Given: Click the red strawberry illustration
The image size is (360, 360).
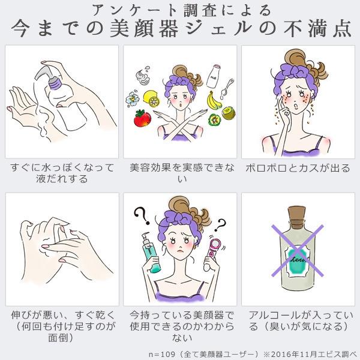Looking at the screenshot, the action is coord(142,118).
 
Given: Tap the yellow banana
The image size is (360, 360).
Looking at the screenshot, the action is coord(214,100).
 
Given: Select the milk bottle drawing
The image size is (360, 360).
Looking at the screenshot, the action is coord(213,76).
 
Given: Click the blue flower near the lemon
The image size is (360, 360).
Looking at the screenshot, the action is coord(133,99).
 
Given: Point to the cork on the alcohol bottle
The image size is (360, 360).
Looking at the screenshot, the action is coord(296,213).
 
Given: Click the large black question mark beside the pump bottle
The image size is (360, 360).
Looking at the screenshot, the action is coord(142,216).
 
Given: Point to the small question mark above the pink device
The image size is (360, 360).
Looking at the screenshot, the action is coord(220,225).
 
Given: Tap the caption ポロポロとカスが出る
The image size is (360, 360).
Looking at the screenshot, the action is coord(298,168).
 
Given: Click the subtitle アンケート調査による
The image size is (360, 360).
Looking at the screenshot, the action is coord(181,11).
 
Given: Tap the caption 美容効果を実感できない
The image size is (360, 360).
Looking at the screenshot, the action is coord(182,173).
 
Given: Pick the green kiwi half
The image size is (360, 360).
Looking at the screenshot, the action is coord(229,113).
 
